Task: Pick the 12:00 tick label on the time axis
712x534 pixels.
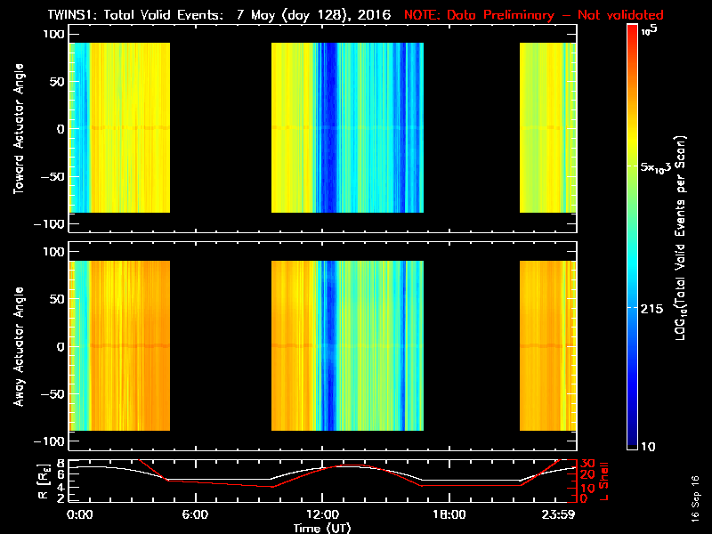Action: tap(322, 515)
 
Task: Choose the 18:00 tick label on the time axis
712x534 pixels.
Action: tap(449, 515)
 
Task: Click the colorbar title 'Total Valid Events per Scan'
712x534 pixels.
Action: tap(682, 240)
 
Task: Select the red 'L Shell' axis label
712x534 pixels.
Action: tap(605, 481)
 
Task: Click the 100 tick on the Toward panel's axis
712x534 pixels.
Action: tap(53, 34)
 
